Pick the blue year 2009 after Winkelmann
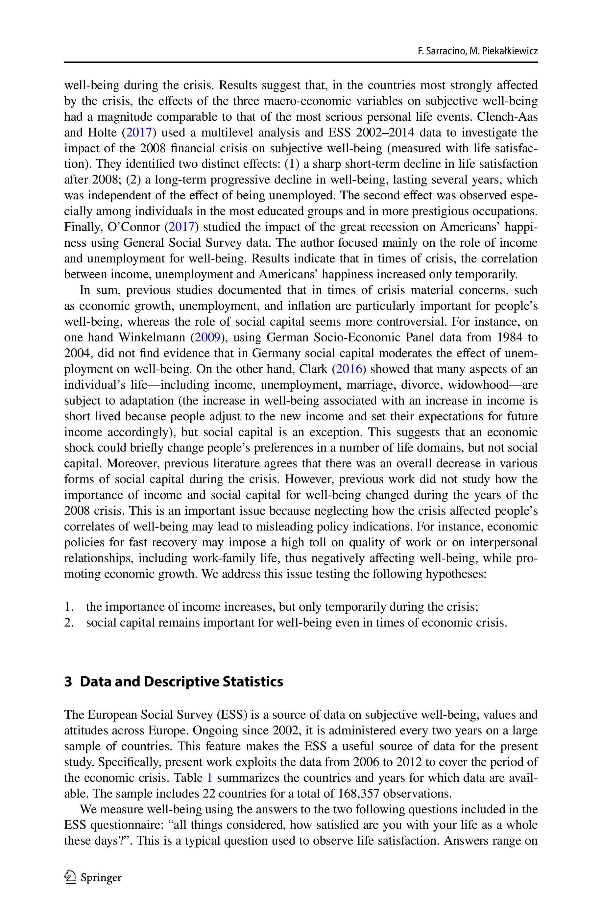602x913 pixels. (x=207, y=337)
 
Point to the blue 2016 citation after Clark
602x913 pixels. (x=349, y=369)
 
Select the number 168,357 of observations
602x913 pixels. (x=359, y=793)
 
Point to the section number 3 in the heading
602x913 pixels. (x=68, y=681)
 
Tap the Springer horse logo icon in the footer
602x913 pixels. (x=70, y=876)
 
